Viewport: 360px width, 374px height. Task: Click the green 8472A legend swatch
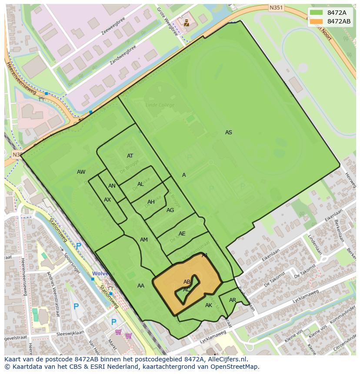pyautogui.click(x=316, y=13)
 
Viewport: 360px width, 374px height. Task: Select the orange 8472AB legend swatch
pyautogui.click(x=316, y=21)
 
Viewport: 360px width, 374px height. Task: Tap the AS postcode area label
pyautogui.click(x=229, y=132)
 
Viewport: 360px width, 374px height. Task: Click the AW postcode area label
pyautogui.click(x=81, y=172)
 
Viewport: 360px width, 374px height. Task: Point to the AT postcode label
pyautogui.click(x=130, y=156)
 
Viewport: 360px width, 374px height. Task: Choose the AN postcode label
pyautogui.click(x=112, y=186)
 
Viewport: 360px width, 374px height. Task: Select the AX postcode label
pyautogui.click(x=107, y=200)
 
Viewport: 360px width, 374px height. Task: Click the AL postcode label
pyautogui.click(x=140, y=184)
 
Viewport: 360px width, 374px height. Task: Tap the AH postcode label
pyautogui.click(x=151, y=202)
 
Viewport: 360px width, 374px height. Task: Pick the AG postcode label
pyautogui.click(x=170, y=210)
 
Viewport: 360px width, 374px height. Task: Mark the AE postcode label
pyautogui.click(x=182, y=234)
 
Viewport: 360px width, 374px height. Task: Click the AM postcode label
pyautogui.click(x=144, y=240)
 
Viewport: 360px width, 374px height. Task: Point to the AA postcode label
pyautogui.click(x=141, y=286)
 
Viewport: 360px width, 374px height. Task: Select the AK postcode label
pyautogui.click(x=209, y=305)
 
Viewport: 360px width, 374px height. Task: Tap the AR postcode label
pyautogui.click(x=233, y=300)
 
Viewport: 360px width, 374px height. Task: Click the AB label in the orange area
pyautogui.click(x=187, y=282)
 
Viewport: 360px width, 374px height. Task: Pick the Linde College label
pyautogui.click(x=160, y=105)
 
